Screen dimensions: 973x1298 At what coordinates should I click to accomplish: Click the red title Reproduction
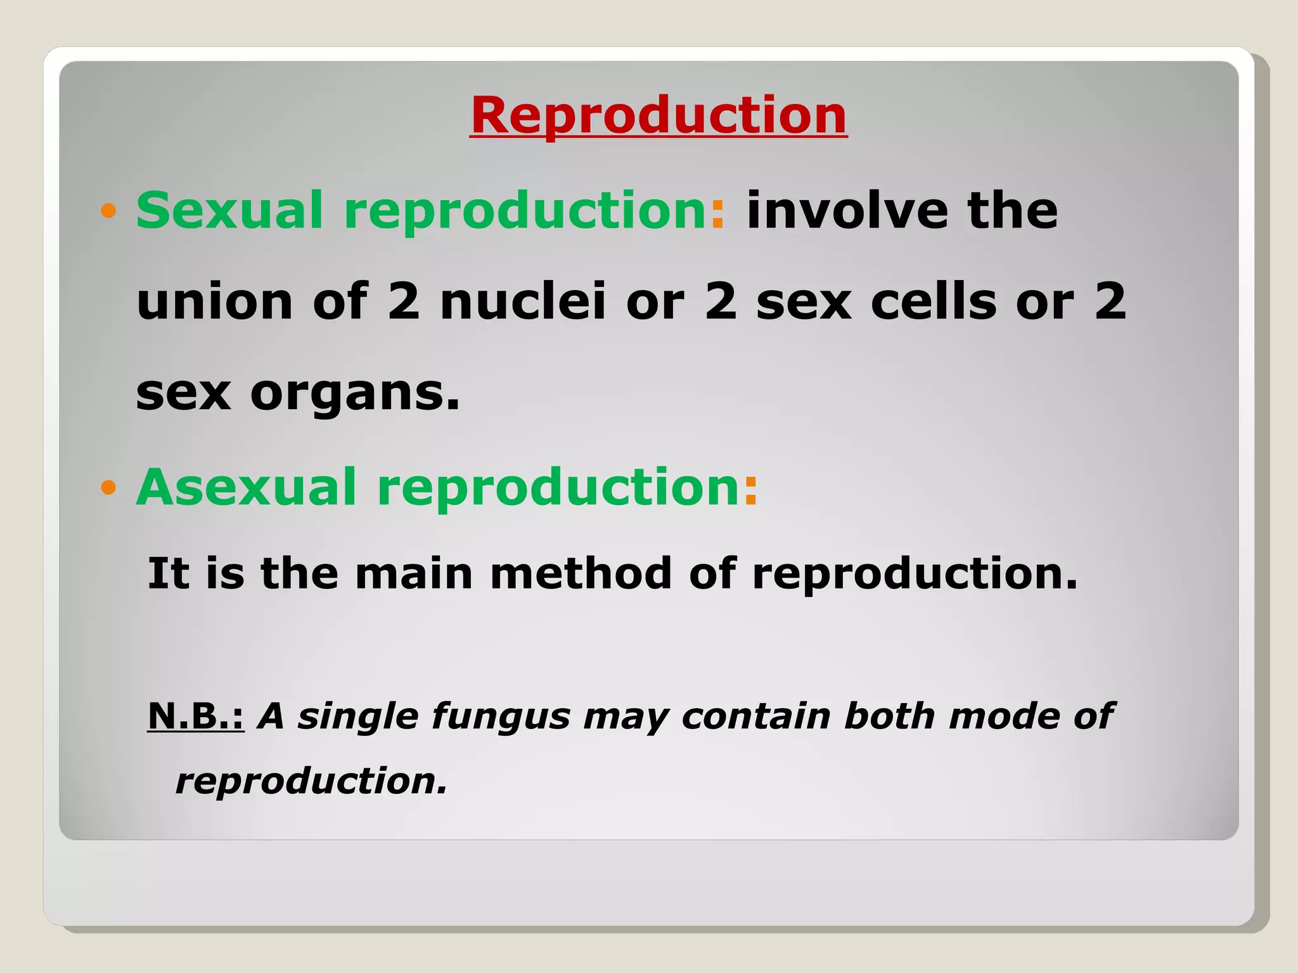click(x=659, y=115)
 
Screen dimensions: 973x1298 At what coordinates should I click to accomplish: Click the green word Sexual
click(x=229, y=210)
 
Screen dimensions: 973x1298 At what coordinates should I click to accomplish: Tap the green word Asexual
click(x=246, y=487)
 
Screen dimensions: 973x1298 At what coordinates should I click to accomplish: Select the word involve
click(x=847, y=210)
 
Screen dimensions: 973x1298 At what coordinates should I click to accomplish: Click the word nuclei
click(x=523, y=302)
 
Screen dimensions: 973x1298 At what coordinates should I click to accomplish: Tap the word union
click(x=214, y=302)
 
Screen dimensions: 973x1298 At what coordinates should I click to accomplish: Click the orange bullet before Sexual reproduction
click(x=108, y=210)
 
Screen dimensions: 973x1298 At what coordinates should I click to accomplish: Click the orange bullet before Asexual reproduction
click(x=108, y=487)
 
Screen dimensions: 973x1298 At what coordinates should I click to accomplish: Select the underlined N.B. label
click(x=195, y=716)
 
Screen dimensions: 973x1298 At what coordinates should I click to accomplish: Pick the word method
click(x=581, y=573)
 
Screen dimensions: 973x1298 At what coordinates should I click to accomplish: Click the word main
click(x=413, y=573)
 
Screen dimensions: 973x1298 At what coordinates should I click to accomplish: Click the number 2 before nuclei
click(x=404, y=302)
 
